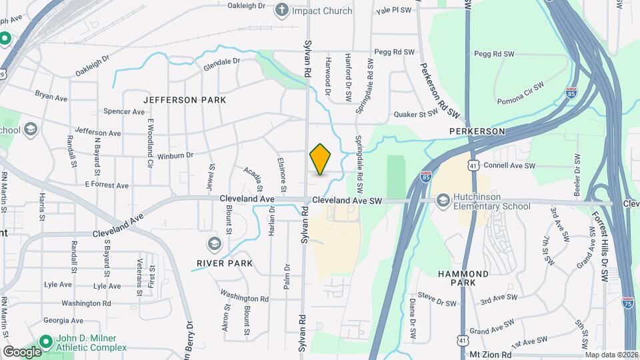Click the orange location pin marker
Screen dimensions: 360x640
pyautogui.click(x=321, y=159)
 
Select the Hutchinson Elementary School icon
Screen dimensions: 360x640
pyautogui.click(x=443, y=201)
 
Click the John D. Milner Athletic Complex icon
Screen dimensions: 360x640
pyautogui.click(x=45, y=342)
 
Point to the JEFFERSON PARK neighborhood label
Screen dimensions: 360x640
pyautogui.click(x=185, y=100)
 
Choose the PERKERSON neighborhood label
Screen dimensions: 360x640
pyautogui.click(x=477, y=131)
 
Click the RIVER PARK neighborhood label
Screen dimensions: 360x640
pyautogui.click(x=224, y=263)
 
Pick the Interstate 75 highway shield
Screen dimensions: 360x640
pyautogui.click(x=627, y=301)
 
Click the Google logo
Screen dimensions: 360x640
pyautogui.click(x=22, y=351)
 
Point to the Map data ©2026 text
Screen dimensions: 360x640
pyautogui.click(x=611, y=355)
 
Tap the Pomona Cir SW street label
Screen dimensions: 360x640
pyautogui.click(x=521, y=95)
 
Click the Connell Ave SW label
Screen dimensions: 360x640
pyautogui.click(x=509, y=165)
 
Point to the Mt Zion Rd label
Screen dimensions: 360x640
pyautogui.click(x=493, y=355)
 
